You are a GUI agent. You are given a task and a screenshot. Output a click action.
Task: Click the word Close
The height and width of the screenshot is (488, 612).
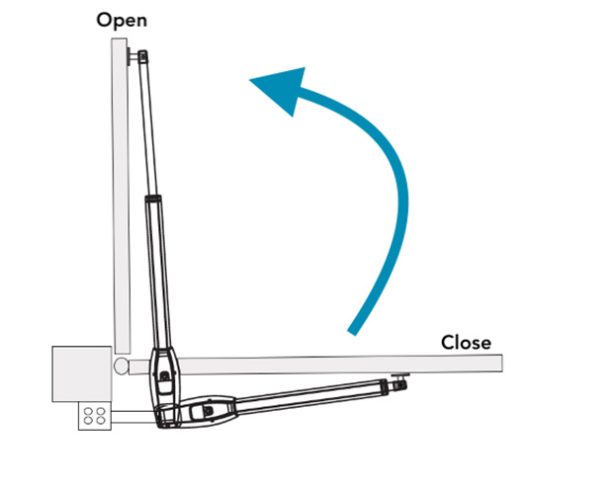tap(466, 342)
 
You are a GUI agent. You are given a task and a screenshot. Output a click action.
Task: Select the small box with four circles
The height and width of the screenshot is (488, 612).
tap(95, 416)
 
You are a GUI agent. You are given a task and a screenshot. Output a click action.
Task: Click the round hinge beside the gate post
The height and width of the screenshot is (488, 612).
tap(121, 366)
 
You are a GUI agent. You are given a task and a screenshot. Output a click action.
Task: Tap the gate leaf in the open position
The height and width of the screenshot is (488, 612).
tap(119, 198)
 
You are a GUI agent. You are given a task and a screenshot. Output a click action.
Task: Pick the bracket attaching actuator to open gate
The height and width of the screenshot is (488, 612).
tap(131, 57)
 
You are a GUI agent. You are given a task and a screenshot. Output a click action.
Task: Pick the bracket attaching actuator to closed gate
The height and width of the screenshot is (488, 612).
tap(399, 376)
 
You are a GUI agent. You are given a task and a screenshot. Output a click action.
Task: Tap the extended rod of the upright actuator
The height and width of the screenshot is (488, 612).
tap(148, 128)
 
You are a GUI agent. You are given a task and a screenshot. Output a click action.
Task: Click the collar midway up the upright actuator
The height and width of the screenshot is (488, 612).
tap(154, 202)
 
